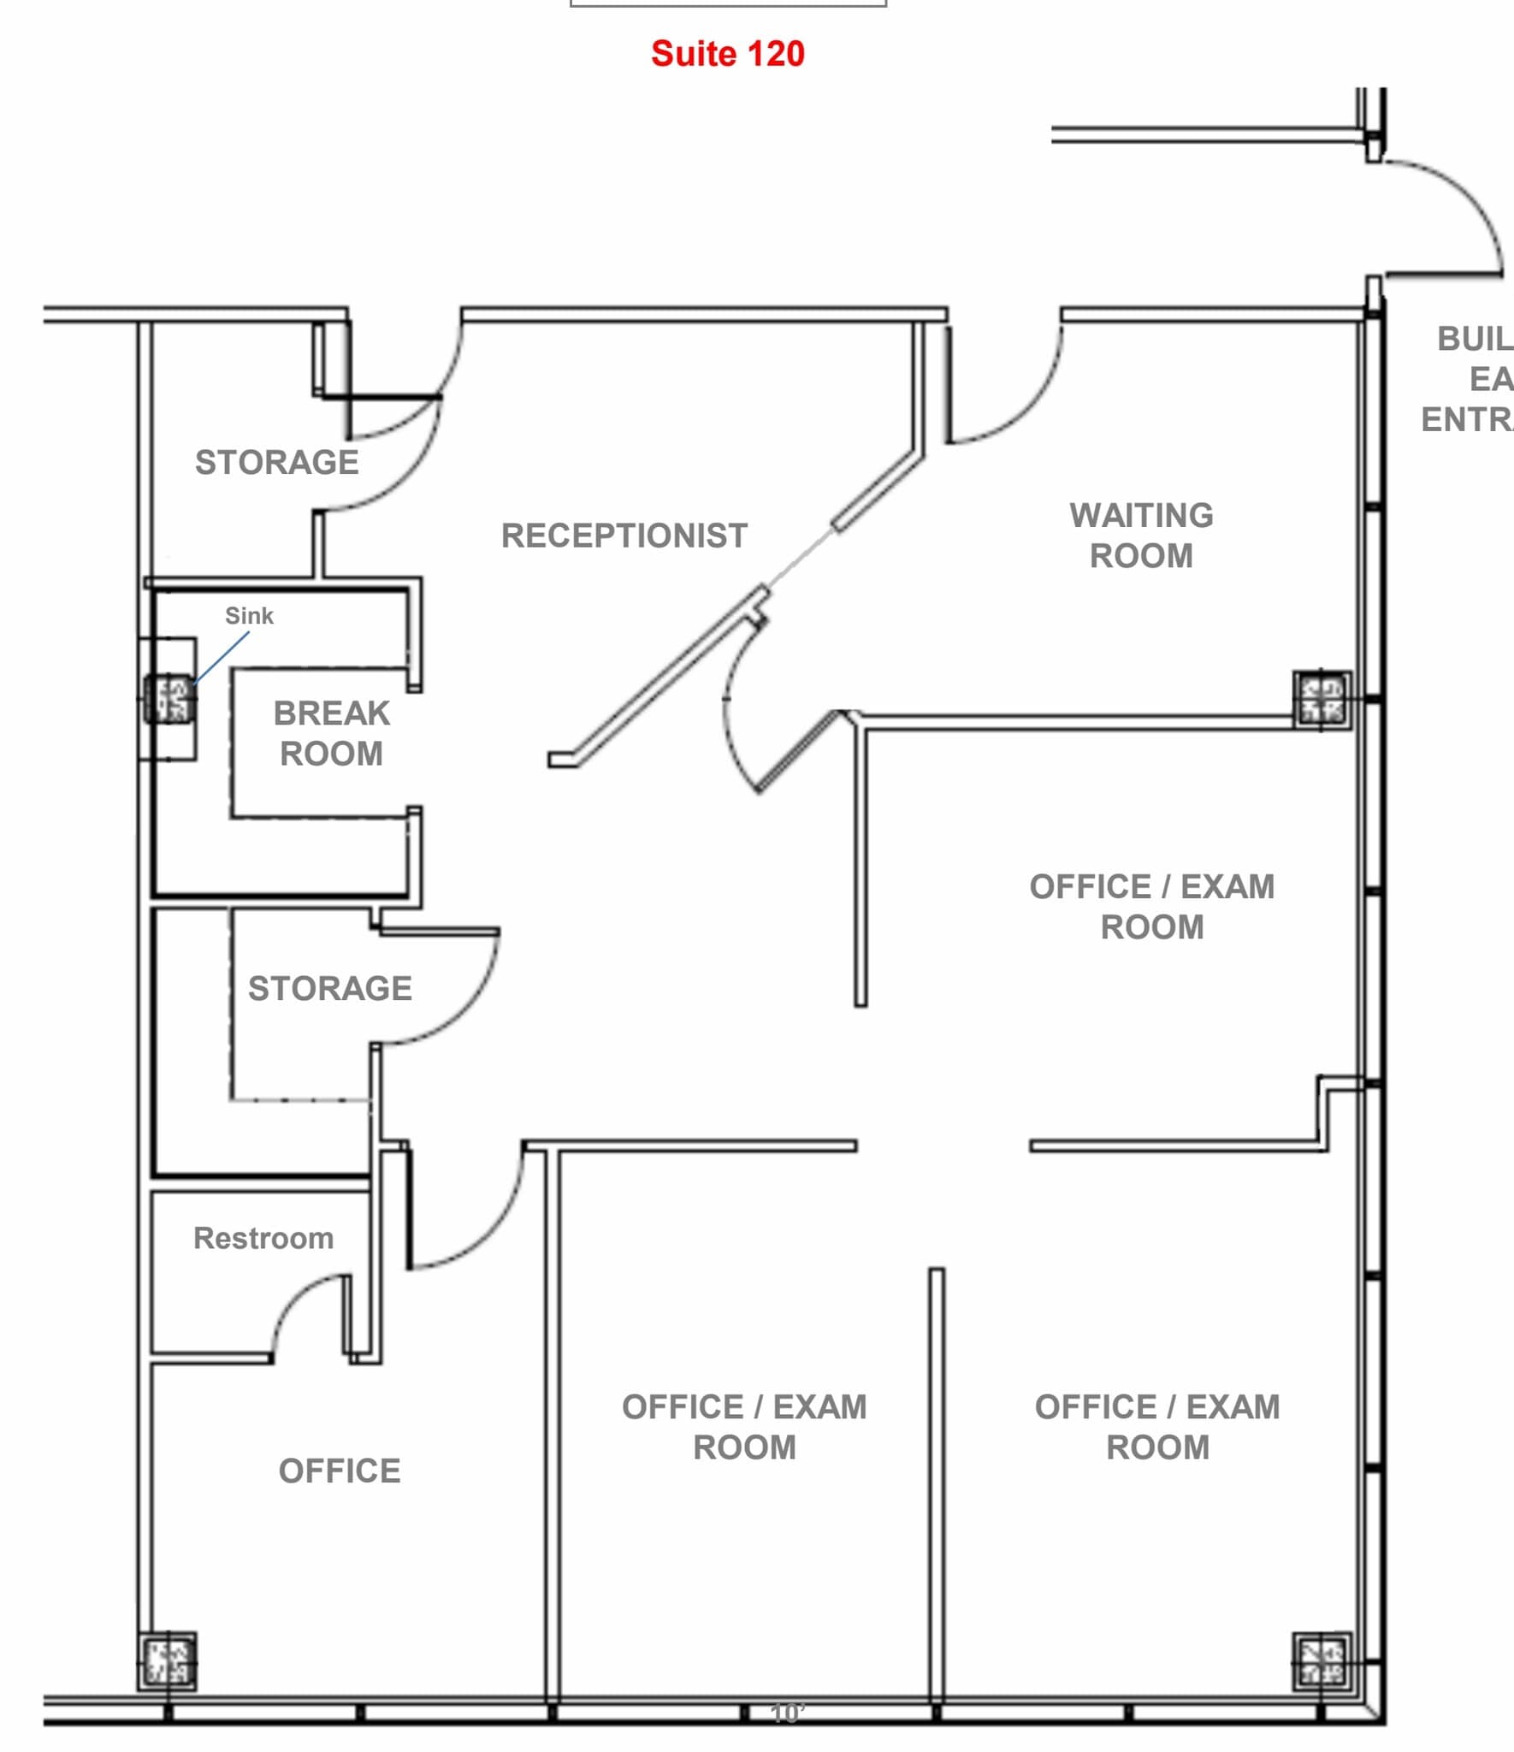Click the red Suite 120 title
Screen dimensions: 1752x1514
(x=727, y=54)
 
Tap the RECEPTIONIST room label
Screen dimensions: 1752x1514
(x=624, y=536)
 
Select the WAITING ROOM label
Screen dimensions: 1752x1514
(x=1141, y=536)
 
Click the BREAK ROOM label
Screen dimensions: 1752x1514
(x=331, y=733)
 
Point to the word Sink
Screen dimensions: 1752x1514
(x=249, y=616)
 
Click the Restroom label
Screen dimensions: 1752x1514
(x=263, y=1238)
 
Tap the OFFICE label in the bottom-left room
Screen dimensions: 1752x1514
(x=340, y=1471)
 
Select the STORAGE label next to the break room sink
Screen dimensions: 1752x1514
(x=276, y=462)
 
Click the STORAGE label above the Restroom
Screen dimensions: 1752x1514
(x=329, y=988)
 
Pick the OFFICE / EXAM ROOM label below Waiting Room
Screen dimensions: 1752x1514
(x=1151, y=907)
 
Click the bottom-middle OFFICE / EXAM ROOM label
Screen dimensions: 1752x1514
(x=744, y=1427)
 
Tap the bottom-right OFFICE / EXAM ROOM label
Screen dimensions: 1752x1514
(x=1156, y=1427)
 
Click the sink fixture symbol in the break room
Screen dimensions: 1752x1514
(x=169, y=699)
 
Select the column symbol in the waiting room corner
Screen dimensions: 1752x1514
(x=1322, y=699)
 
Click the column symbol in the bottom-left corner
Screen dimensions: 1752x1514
(x=168, y=1661)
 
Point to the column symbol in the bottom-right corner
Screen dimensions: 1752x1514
(x=1322, y=1661)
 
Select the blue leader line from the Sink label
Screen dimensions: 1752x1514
(x=222, y=658)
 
